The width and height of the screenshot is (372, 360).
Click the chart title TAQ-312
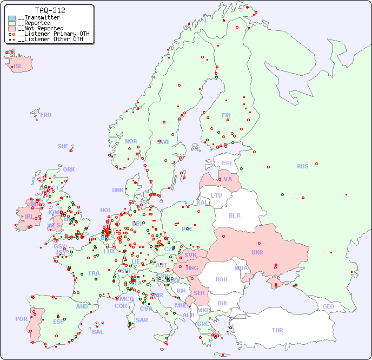click(x=50, y=10)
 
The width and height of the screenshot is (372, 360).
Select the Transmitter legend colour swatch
click(x=12, y=18)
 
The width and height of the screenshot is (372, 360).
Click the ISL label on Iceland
click(x=18, y=67)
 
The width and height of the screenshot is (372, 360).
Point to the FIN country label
click(x=226, y=115)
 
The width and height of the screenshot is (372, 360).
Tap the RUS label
click(x=302, y=166)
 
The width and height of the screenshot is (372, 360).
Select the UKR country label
click(x=257, y=252)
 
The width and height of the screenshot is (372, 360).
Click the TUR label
click(x=277, y=330)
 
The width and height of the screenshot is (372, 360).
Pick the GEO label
click(x=328, y=306)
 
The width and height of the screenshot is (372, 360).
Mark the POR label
click(x=21, y=319)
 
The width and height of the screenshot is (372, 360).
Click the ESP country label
click(x=58, y=321)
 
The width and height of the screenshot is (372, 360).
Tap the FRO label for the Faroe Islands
click(x=46, y=115)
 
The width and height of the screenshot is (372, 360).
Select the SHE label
click(x=63, y=146)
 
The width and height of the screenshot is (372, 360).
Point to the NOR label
click(x=131, y=141)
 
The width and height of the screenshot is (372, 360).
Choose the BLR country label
click(x=235, y=215)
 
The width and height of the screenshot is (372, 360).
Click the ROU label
click(x=221, y=279)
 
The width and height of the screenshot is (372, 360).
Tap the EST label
click(x=227, y=163)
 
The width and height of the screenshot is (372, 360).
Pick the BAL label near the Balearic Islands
click(x=98, y=332)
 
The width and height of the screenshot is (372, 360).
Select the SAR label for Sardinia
click(x=142, y=320)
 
